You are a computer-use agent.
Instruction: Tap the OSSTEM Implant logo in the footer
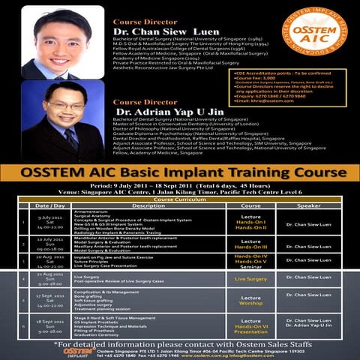(x=79, y=350)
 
